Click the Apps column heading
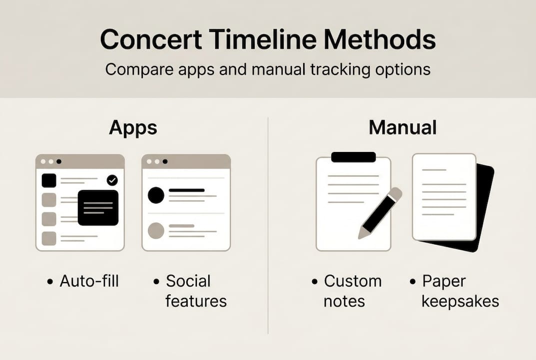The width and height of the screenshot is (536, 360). click(x=133, y=128)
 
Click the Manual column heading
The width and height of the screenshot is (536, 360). click(x=402, y=128)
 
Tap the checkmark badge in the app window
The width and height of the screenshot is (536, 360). click(x=112, y=180)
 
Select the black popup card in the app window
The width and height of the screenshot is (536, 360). click(x=98, y=207)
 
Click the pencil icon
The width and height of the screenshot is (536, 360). click(x=381, y=212)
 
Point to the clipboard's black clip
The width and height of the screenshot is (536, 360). click(x=353, y=157)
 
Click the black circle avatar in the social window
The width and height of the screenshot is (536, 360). click(x=156, y=195)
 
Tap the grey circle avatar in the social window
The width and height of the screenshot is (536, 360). click(x=156, y=230)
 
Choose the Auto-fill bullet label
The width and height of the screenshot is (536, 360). click(x=89, y=281)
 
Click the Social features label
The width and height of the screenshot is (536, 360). click(x=195, y=291)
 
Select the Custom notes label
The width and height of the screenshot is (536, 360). click(x=352, y=291)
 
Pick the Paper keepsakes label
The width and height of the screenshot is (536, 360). click(x=460, y=291)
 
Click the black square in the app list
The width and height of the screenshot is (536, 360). click(x=49, y=180)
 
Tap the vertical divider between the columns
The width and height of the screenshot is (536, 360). click(x=268, y=225)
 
